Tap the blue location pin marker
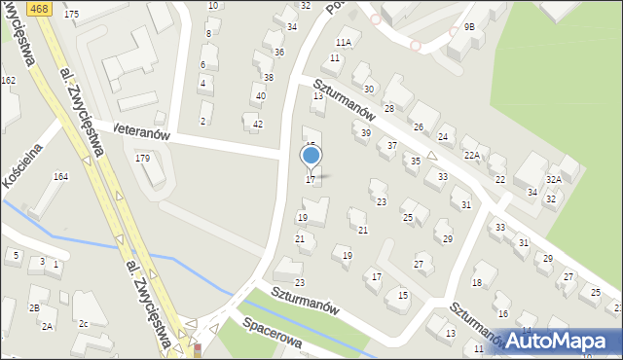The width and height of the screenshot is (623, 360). coord(311,156)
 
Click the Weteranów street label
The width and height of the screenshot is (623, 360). coord(141,129)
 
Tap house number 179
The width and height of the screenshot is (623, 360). coord(142,158)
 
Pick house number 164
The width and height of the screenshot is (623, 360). coord(60,176)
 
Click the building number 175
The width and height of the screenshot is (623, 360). coord(71,15)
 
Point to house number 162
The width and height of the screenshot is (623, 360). coord(8,80)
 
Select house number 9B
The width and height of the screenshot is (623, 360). coord(469,27)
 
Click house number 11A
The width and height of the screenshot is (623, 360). coord(343,43)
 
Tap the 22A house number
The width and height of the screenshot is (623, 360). coord(472,155)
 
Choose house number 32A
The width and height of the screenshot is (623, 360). coord(554,180)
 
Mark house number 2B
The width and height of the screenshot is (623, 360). coord(34,307)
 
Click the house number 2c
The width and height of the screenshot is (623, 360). coord(84,323)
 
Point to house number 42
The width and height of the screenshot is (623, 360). coord(258,124)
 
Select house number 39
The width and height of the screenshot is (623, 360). coord(366,132)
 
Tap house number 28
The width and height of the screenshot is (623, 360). coord(388,109)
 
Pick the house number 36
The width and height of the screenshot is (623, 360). coord(279,52)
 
